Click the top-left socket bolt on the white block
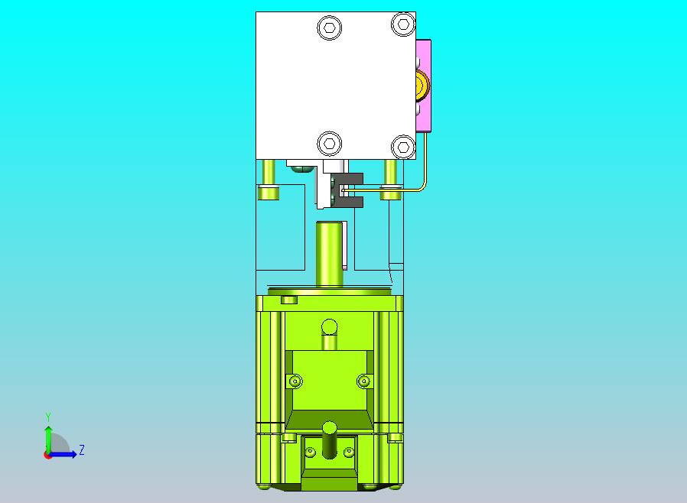pos(330,28)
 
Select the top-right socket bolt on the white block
pos(403,24)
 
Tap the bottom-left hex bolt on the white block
pos(330,144)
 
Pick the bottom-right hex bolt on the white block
pos(403,147)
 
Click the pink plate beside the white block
pos(424,86)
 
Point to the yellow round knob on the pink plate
pos(422,85)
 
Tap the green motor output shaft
pos(329,254)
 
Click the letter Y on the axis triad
pos(48,417)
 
